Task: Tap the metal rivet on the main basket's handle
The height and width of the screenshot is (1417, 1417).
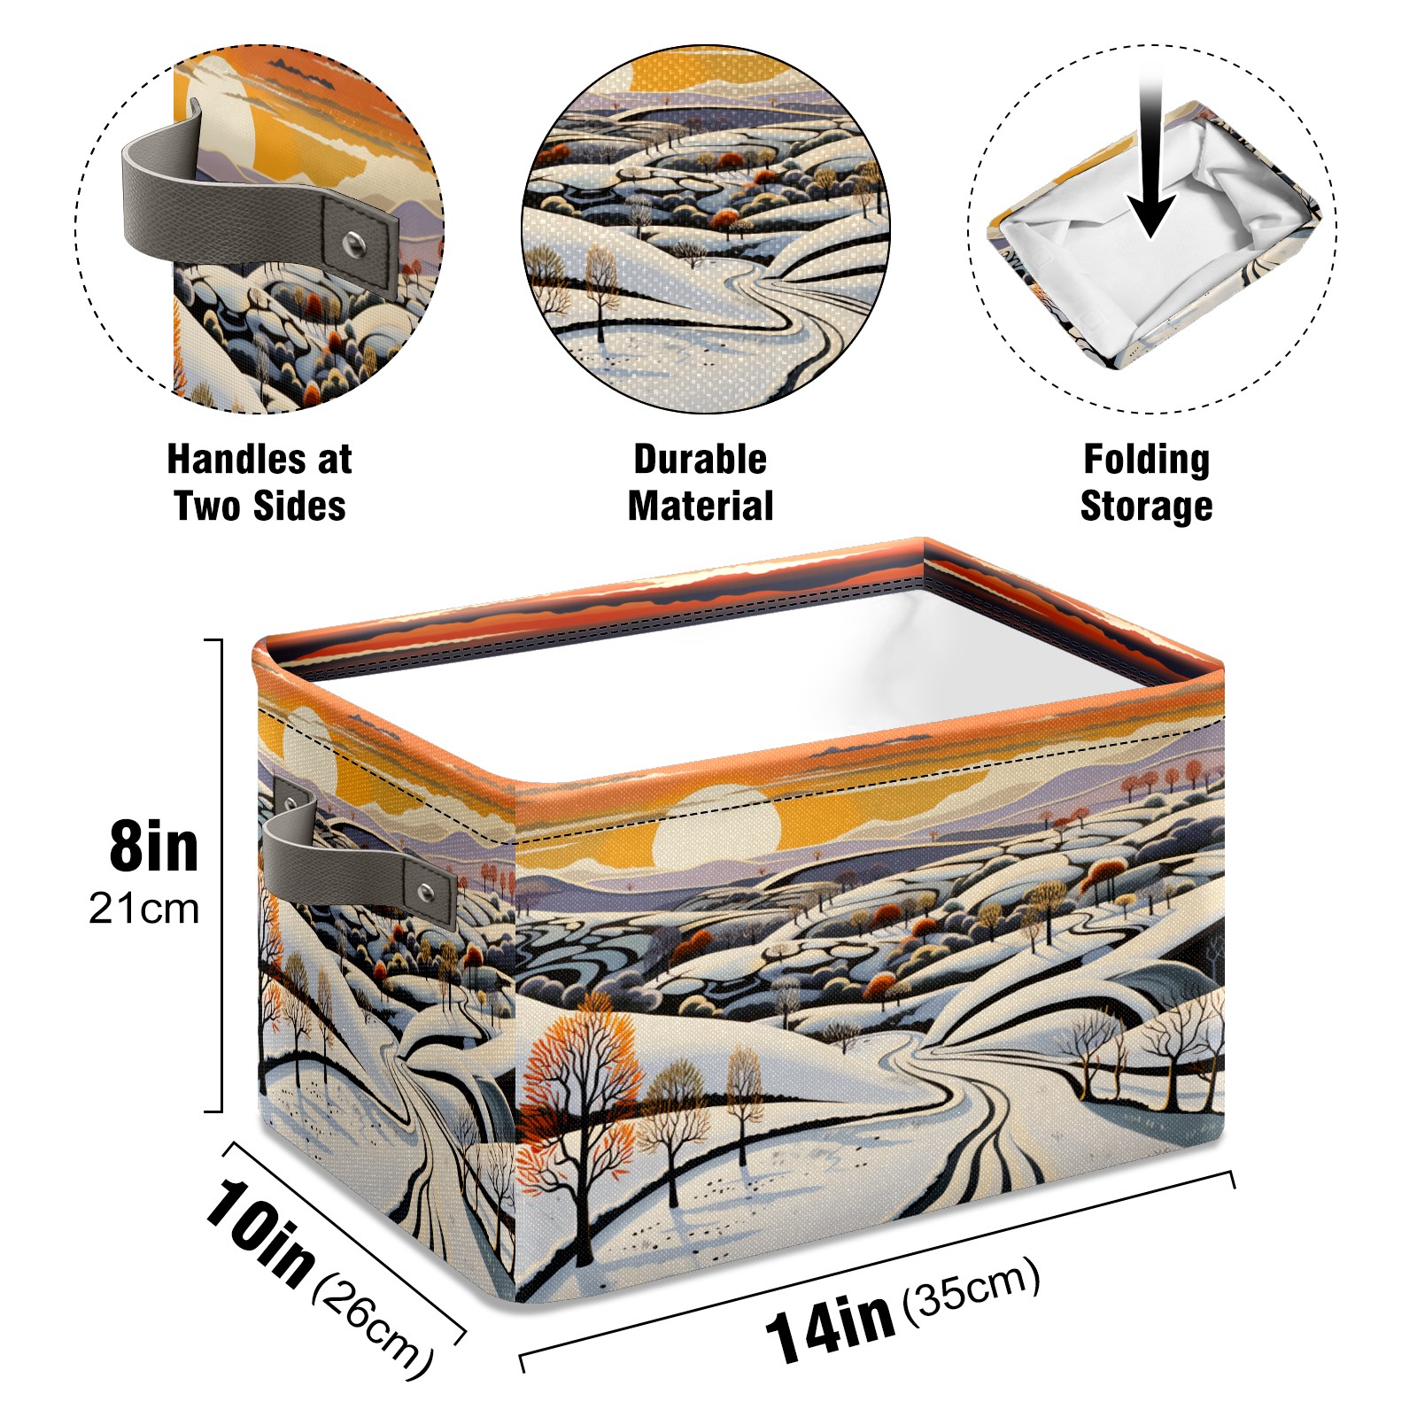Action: [427, 890]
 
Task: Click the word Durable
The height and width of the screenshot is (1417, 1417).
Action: [700, 459]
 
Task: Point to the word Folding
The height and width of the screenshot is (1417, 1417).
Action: [1146, 461]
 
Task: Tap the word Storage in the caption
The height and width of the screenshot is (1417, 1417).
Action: [1146, 507]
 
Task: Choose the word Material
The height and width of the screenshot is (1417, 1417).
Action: [700, 506]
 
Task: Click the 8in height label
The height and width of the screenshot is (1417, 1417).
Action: [153, 847]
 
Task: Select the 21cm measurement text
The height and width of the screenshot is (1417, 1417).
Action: [143, 909]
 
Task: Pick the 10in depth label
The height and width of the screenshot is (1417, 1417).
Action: [259, 1232]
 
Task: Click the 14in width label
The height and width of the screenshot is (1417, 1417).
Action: [830, 1325]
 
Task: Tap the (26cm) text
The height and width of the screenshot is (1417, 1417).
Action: [372, 1329]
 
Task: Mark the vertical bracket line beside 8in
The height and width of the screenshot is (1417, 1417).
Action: [221, 875]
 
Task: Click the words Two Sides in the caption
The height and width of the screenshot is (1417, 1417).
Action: [259, 506]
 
